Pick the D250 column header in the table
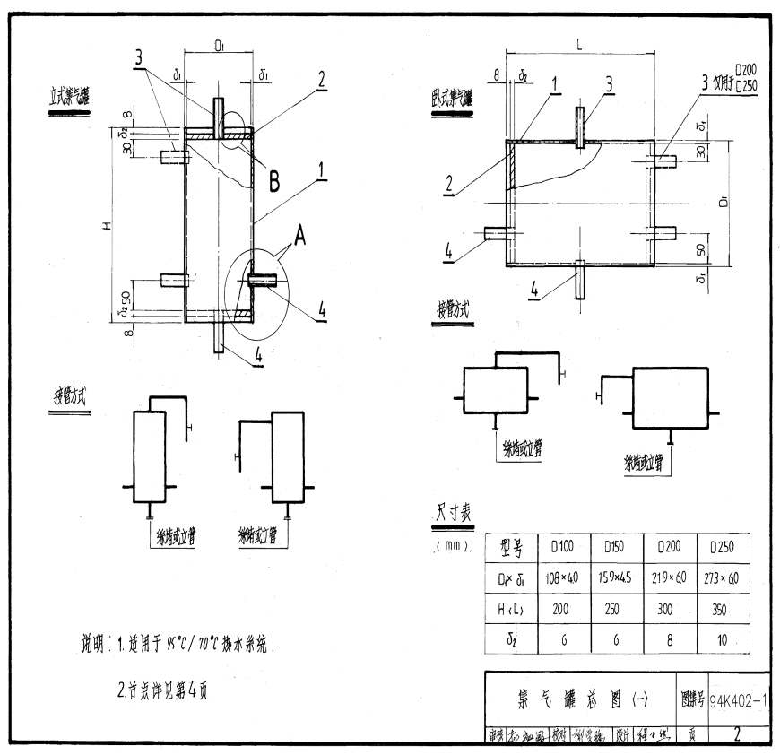[x=724, y=547]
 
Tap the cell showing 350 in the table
[x=724, y=610]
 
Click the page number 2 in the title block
[x=737, y=733]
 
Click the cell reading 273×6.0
[x=724, y=577]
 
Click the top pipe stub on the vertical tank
[x=218, y=115]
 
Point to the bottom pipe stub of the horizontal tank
[x=580, y=280]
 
